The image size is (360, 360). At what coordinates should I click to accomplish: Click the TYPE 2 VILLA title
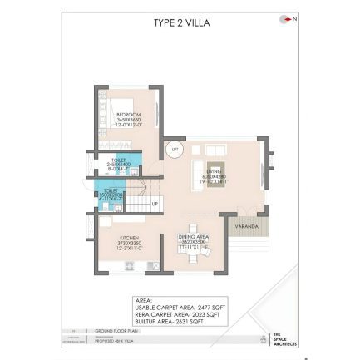(181, 23)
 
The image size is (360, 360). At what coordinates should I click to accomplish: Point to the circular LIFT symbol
(175, 150)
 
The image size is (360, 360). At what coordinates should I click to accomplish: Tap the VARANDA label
(247, 225)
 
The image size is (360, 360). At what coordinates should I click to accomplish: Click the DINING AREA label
(194, 240)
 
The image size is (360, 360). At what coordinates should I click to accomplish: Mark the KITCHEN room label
(129, 241)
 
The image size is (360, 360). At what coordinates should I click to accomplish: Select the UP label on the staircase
(155, 203)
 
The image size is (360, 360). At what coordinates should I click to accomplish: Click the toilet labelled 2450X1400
(119, 162)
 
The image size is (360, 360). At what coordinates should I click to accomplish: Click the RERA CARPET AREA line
(177, 314)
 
